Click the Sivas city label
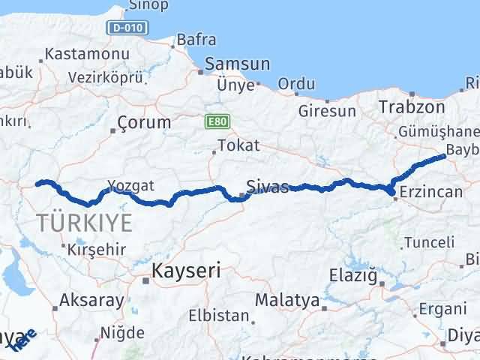pyautogui.click(x=267, y=187)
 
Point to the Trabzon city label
pyautogui.click(x=412, y=107)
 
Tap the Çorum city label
pyautogui.click(x=145, y=121)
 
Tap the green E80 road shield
pyautogui.click(x=217, y=121)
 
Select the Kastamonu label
pyautogui.click(x=87, y=54)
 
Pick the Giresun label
pyautogui.click(x=327, y=111)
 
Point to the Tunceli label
pyautogui.click(x=429, y=242)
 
